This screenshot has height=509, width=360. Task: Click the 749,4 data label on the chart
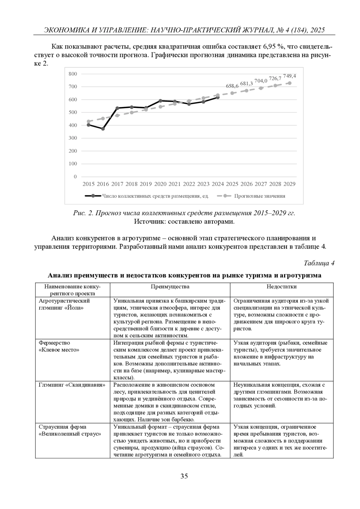pos(289,76)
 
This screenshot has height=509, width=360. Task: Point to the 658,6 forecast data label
pos(232,86)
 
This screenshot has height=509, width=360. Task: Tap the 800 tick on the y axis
pos(73,74)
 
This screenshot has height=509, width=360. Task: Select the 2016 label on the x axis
pos(103,184)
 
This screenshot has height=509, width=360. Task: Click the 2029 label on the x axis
pos(289,184)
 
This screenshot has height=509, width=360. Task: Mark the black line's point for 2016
pos(103,129)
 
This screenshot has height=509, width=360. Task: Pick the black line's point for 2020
pos(160,101)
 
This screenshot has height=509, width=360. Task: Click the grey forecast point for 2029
pos(289,83)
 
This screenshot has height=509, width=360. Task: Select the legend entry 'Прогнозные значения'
pos(259,196)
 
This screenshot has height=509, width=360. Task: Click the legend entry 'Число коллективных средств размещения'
pos(155,196)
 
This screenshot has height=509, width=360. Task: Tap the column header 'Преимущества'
pos(170,287)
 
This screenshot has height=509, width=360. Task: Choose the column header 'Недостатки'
pos(282,287)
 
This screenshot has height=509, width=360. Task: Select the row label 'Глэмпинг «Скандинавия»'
pos(72,385)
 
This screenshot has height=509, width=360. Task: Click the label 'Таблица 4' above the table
pos(319,263)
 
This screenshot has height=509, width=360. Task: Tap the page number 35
pos(184,476)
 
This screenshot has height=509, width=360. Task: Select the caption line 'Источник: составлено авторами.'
pos(184,222)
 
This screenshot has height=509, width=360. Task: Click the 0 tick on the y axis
pos(75,177)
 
